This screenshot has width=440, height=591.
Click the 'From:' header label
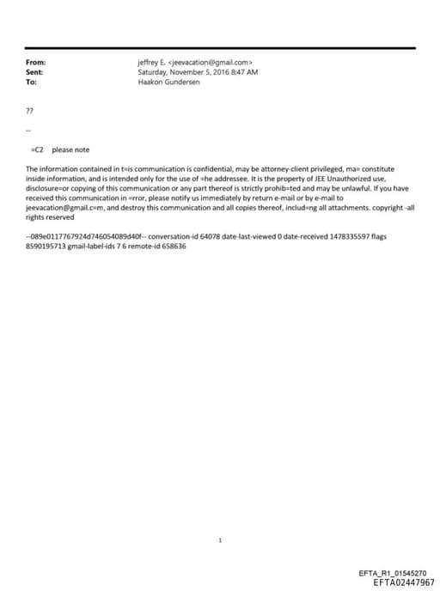point(36,63)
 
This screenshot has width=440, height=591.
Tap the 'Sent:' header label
point(35,72)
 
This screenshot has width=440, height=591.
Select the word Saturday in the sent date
point(154,72)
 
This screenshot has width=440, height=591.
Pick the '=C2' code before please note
point(37,149)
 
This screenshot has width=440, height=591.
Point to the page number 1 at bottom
point(221,541)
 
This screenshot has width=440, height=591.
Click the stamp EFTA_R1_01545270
point(397,573)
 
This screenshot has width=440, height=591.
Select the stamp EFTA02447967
point(404,582)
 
